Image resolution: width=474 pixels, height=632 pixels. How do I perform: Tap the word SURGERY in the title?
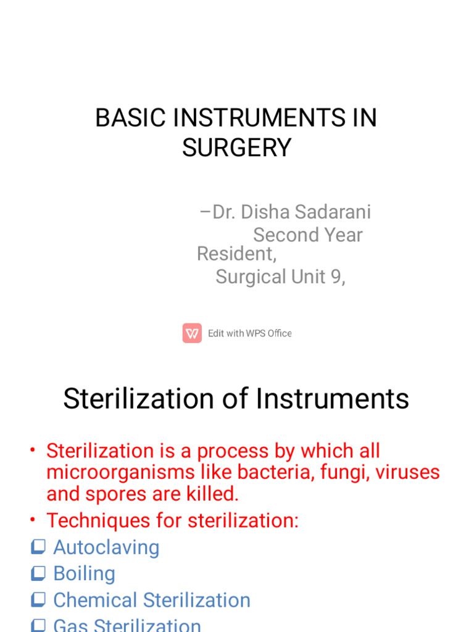click(x=236, y=148)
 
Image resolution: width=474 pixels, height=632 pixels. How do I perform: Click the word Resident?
click(x=236, y=254)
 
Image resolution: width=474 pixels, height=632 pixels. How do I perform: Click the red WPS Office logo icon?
click(x=192, y=333)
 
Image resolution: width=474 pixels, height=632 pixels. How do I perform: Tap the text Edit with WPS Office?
click(x=249, y=333)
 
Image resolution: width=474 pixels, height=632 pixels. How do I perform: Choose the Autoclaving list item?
click(x=106, y=547)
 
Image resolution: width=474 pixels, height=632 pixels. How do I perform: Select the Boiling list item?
click(x=84, y=573)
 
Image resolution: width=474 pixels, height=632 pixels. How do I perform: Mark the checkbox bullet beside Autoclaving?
click(x=38, y=547)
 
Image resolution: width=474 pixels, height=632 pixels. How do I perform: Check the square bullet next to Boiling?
click(x=38, y=574)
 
